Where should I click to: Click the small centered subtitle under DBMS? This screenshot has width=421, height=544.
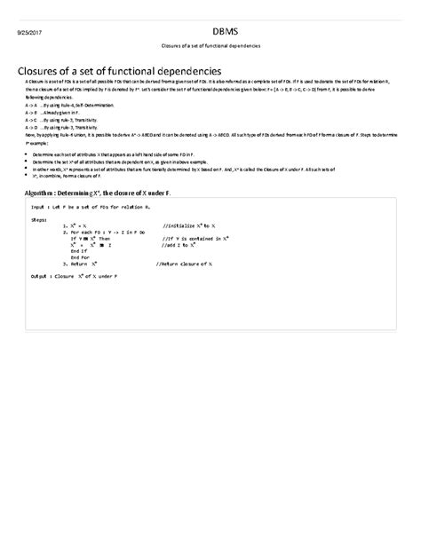point(210,46)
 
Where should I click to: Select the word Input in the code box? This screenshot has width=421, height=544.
point(41,206)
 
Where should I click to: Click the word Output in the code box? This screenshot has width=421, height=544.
point(43,277)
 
